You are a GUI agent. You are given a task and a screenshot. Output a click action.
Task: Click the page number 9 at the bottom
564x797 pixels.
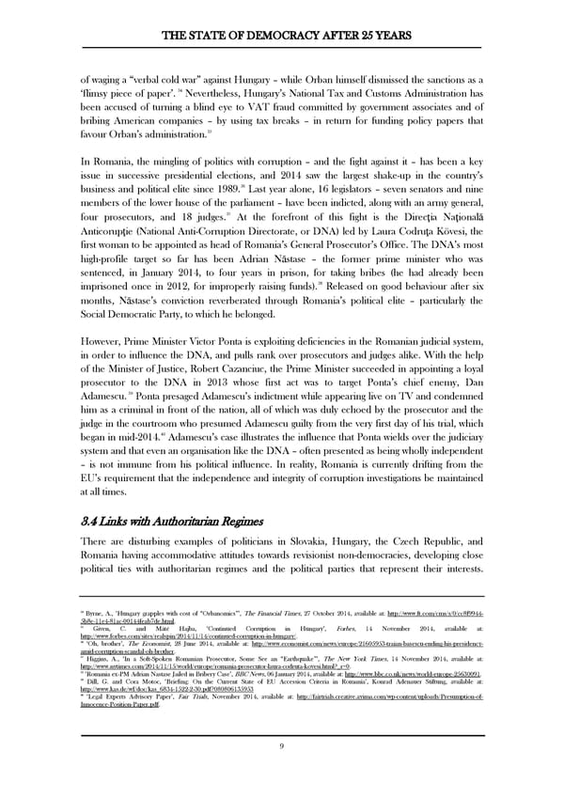click(282, 746)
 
